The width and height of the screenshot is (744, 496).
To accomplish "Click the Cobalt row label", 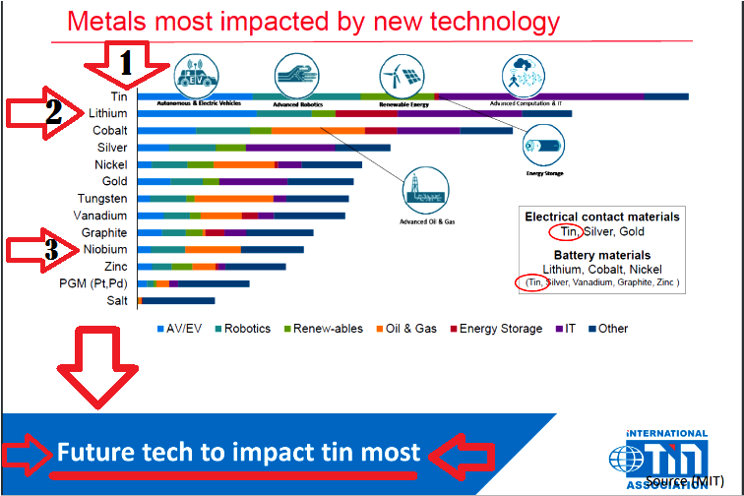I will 108,130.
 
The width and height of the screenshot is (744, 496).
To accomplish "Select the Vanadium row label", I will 101,216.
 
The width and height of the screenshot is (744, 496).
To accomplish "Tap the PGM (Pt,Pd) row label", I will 93,283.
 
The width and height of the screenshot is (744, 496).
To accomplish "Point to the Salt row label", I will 116,300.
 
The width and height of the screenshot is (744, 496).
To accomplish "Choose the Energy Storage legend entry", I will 496,329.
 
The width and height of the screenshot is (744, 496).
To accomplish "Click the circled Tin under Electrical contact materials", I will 566,232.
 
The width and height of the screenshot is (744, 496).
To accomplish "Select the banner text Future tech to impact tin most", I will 238,454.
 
